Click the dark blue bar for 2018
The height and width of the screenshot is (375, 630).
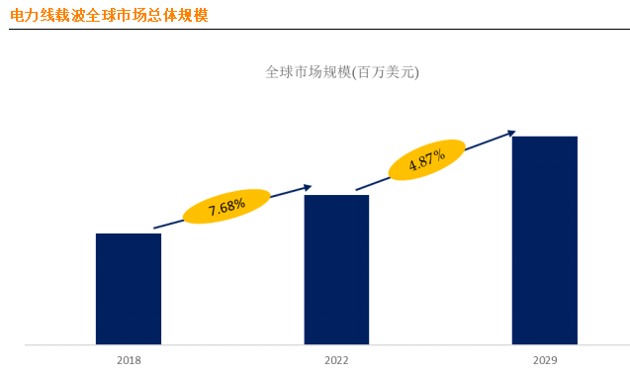pos(128,289)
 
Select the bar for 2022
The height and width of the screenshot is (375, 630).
pos(336,269)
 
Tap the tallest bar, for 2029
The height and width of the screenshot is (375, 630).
pos(544,240)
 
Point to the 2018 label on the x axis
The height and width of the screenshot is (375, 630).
pos(129,360)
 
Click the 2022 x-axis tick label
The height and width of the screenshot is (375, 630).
pos(336,360)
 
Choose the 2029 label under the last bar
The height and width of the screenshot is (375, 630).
pos(544,360)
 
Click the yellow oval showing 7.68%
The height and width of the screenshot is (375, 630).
pos(226,206)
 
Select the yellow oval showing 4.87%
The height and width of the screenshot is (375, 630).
pos(426,159)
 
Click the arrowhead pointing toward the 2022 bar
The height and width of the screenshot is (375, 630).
pos(308,186)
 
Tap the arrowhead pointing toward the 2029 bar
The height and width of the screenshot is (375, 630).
pos(511,132)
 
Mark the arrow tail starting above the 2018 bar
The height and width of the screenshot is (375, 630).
pos(156,228)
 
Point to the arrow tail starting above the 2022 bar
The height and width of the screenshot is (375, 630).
pos(358,189)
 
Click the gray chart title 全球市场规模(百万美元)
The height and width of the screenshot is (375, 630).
pos(342,72)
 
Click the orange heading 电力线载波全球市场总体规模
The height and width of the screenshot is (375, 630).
pos(109,16)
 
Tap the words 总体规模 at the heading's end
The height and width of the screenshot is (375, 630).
pos(177,16)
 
